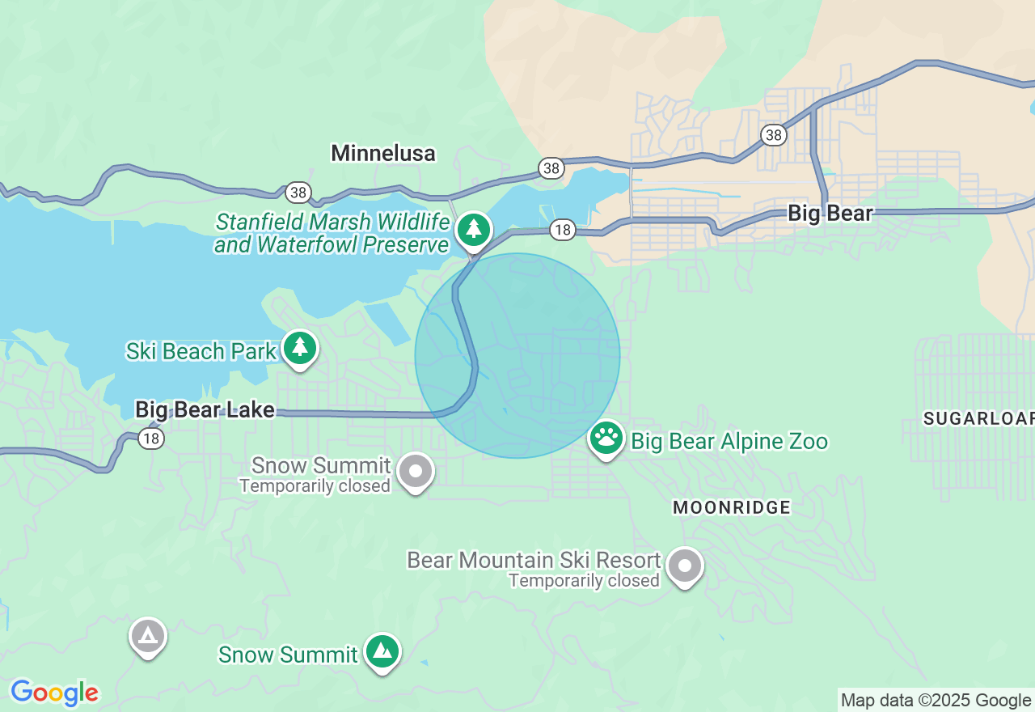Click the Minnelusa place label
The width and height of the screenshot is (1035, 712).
coord(383,153)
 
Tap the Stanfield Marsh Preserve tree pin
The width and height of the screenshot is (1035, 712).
coord(474,230)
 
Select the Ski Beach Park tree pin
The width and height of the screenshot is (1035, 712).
coord(300,348)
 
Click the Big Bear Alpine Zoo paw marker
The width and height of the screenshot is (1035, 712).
coord(606,439)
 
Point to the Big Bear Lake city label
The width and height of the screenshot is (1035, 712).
coord(205,409)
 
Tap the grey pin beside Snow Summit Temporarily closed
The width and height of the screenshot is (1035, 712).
coord(416,471)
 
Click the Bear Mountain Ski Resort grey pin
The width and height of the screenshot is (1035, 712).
coord(685,566)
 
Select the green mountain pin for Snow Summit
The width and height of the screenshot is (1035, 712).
coord(382,651)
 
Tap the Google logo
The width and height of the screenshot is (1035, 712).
coord(54,693)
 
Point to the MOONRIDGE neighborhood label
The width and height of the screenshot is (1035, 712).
coord(732,507)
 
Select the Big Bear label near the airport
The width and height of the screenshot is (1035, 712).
coord(830,214)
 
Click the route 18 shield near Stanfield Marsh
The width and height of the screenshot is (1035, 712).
coord(562,231)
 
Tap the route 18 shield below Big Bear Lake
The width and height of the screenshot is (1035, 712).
coord(151,439)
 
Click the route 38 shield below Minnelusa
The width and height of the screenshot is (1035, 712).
coord(298,192)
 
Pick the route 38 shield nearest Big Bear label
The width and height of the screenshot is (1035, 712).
coord(774,135)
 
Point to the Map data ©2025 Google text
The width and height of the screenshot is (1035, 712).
coord(936,700)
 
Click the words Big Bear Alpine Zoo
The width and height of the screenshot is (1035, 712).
coord(729,442)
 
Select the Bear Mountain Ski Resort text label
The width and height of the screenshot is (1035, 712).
coord(534,560)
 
